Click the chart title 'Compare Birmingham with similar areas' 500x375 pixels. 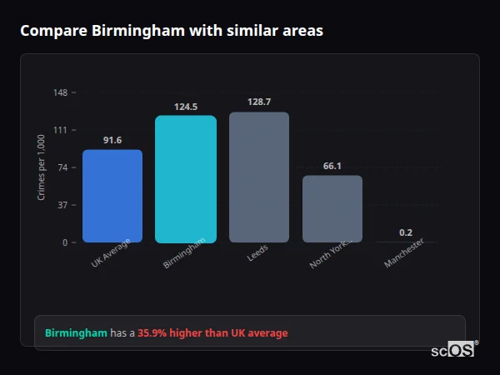tap(172, 31)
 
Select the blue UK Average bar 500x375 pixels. tap(112, 197)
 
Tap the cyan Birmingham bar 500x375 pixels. tap(186, 179)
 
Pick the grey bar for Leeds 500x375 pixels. tap(259, 177)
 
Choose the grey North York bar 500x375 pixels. tap(332, 209)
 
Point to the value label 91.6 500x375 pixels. tap(112, 140)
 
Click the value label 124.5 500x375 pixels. tap(186, 107)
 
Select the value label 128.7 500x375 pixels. tap(259, 102)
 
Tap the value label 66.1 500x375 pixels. tap(332, 166)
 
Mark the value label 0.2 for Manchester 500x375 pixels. tap(406, 232)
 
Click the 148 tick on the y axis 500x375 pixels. tap(61, 92)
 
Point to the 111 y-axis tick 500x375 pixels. tap(61, 130)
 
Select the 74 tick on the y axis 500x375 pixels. tap(63, 167)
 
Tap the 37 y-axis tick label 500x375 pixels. tap(63, 205)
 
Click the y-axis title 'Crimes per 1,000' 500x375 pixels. tap(42, 167)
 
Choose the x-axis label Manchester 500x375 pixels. tap(405, 253)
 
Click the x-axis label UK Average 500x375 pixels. tap(112, 254)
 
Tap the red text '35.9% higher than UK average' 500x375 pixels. tap(212, 333)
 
